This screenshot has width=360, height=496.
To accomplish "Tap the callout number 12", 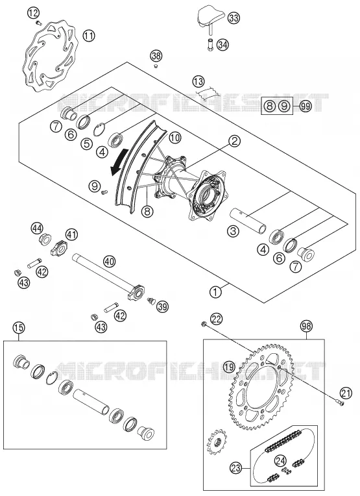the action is pos(33,13).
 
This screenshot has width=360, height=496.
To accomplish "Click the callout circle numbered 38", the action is pos(156,56).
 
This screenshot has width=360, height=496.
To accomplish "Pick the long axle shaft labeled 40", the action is pos(108,276).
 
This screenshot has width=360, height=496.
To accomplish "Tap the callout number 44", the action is pos(37,228).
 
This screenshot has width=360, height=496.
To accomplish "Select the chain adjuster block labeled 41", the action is pos(58,248).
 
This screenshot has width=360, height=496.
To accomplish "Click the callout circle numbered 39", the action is pos(163,306).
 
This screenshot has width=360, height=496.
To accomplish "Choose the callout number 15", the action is pos(19,328).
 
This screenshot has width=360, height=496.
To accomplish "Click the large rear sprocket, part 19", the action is pos(261,386).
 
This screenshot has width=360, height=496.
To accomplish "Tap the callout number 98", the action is pos(306,325).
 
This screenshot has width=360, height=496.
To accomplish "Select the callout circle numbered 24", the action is pos(280,461).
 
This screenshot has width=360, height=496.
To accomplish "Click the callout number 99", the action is pos(305,106).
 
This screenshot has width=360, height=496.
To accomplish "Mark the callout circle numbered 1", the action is pos(215,291).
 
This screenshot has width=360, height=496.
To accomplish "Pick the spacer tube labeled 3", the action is pos(248,221).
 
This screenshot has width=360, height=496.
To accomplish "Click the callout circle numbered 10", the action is pos(174,138).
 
